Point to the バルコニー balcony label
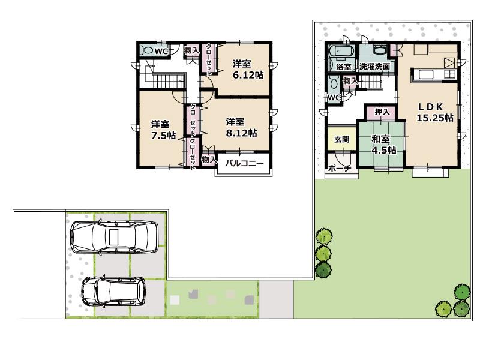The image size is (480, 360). coord(244,163)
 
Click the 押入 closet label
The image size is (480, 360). coord(382,111)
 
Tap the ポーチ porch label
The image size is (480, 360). coord(340,169)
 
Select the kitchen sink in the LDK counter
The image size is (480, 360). coord(427,74)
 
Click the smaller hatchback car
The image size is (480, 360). coord(113,292)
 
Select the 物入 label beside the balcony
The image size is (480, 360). coord(208,160)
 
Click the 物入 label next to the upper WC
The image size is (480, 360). coord(191,52)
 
